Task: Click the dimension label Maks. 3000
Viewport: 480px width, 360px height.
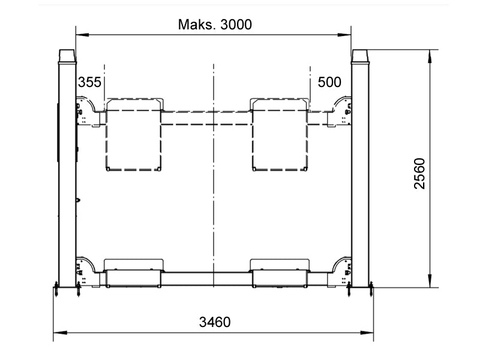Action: [x=215, y=25]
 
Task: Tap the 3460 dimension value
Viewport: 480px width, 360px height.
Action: [x=215, y=322]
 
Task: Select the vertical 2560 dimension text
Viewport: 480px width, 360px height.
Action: [x=419, y=173]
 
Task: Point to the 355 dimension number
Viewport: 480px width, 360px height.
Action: [x=89, y=82]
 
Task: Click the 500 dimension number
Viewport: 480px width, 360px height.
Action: [x=329, y=82]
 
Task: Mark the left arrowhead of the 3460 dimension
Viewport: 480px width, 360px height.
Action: [x=60, y=332]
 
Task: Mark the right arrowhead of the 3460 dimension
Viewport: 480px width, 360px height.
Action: [x=367, y=332]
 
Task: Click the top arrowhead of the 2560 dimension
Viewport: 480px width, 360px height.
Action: [x=430, y=56]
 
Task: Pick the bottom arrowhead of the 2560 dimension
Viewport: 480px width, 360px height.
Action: [x=430, y=281]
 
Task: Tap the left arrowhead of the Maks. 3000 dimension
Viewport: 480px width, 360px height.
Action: [x=82, y=35]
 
